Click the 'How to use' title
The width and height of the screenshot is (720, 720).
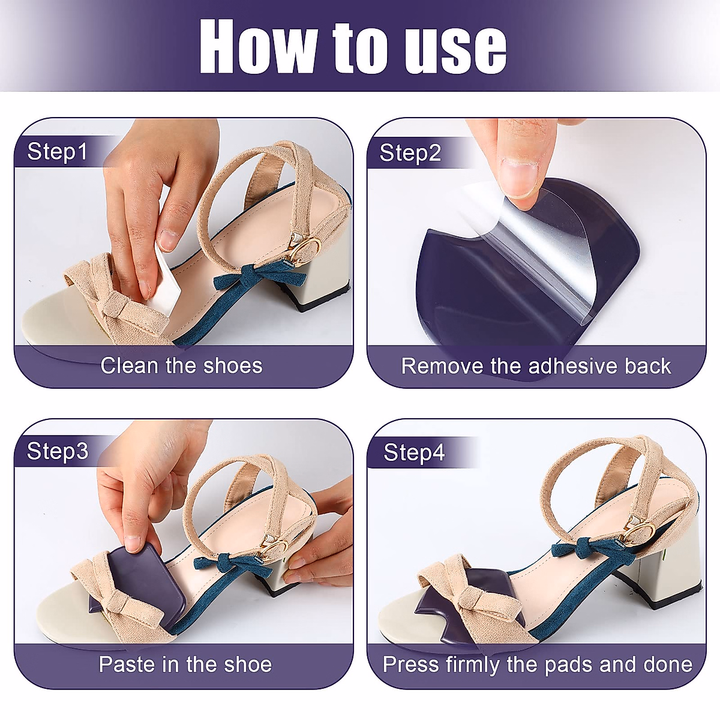[353, 47]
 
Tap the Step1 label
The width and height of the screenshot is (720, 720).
[58, 152]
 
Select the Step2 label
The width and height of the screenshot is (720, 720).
[410, 153]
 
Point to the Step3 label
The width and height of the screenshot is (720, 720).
[58, 451]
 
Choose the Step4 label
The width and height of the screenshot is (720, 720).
[414, 452]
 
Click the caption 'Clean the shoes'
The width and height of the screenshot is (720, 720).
[181, 365]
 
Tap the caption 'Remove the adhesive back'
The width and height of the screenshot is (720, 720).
[536, 366]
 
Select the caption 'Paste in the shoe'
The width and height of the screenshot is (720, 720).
[185, 665]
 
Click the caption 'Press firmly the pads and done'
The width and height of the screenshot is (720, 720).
[537, 665]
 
